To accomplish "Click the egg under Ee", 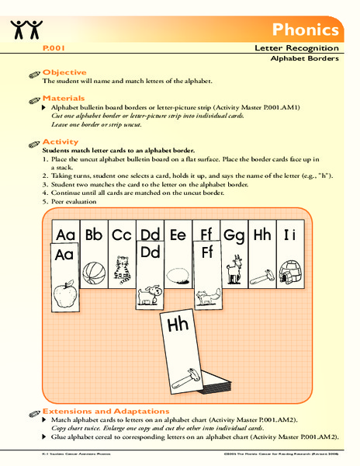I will pyautogui.click(x=178, y=273).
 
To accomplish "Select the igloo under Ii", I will pyautogui.click(x=291, y=272).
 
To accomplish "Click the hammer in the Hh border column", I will pyautogui.click(x=263, y=273).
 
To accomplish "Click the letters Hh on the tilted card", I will pyautogui.click(x=178, y=325).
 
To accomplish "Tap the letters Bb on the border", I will pyautogui.click(x=93, y=233).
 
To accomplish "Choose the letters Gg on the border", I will pyautogui.click(x=234, y=234).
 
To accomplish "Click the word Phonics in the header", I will pyautogui.click(x=306, y=30).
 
